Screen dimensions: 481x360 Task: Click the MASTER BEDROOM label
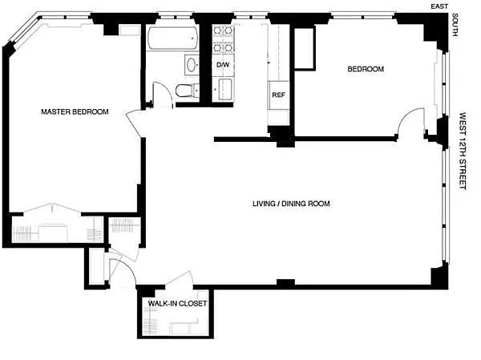tap(75, 111)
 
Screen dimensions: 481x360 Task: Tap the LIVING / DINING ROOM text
tap(291, 204)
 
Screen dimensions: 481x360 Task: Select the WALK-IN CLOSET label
tap(177, 304)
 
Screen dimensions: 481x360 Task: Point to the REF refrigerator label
tap(278, 95)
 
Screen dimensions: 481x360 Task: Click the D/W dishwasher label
tap(223, 65)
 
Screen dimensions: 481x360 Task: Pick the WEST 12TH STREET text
tap(463, 152)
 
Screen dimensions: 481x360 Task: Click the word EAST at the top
tap(439, 6)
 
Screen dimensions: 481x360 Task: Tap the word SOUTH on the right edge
tap(455, 25)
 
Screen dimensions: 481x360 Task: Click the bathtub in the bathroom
tap(172, 38)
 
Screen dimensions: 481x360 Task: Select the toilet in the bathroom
tap(187, 91)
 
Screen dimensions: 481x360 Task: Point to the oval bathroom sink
tap(192, 65)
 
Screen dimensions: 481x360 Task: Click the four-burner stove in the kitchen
tap(223, 39)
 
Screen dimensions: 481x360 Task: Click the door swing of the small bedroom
tap(410, 122)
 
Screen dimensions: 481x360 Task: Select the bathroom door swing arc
tap(163, 94)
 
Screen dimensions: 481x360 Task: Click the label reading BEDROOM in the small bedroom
tap(366, 69)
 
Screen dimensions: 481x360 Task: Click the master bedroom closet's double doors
tap(52, 208)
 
